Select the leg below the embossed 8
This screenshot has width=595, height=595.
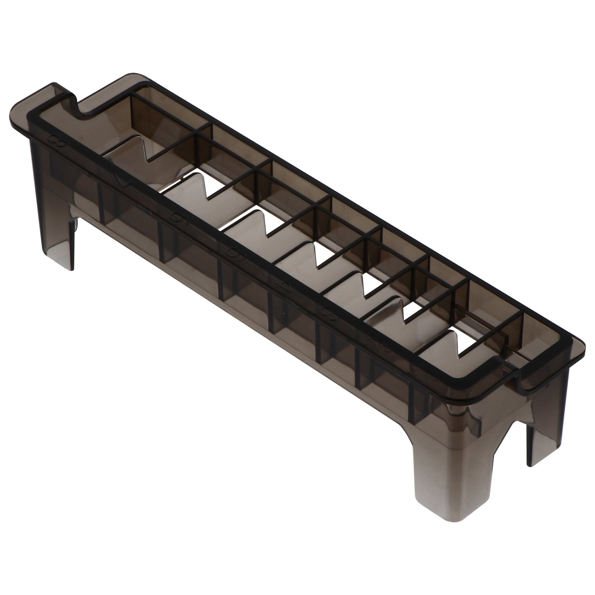[x=59, y=223]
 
